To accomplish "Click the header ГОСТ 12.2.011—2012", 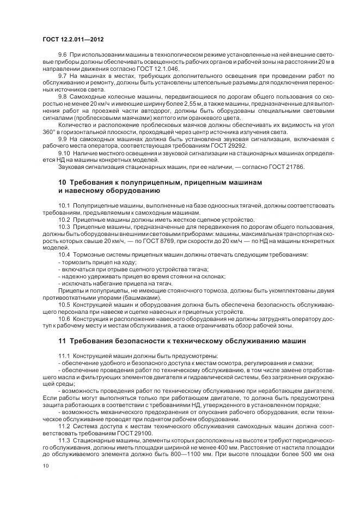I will point(73,40).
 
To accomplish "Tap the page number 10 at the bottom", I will point(45,465).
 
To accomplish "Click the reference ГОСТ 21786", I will point(283,167).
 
